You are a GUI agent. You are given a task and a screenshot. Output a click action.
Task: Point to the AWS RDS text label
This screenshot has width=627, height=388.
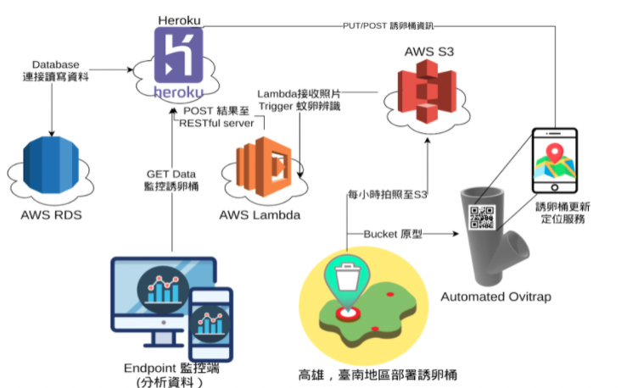[52, 215]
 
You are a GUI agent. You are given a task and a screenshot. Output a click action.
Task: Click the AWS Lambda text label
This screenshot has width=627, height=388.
[260, 215]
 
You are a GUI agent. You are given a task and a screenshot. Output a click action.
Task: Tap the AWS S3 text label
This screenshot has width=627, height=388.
[429, 51]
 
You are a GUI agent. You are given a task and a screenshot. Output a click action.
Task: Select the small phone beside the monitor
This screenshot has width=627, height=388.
[210, 323]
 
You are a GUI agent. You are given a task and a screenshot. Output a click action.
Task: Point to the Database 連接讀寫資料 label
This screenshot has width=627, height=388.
[54, 70]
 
